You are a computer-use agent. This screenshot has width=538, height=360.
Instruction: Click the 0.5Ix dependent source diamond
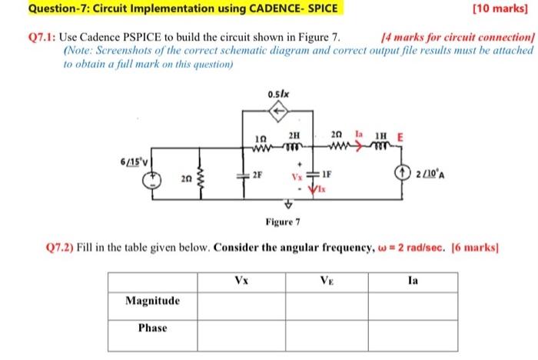[280, 112]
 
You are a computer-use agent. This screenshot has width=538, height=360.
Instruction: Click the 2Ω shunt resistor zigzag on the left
[202, 179]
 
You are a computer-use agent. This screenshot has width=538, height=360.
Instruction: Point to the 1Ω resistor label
[261, 136]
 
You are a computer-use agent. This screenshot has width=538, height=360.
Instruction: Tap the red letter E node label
[400, 135]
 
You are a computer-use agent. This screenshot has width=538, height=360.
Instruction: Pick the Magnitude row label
[153, 301]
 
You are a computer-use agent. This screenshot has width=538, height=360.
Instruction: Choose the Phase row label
[153, 328]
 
